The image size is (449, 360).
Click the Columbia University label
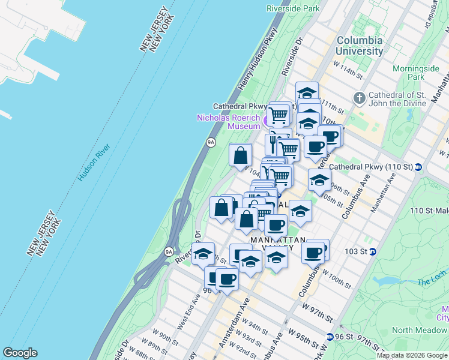[x=360, y=46]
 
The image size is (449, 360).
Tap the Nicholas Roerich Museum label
[x=228, y=122]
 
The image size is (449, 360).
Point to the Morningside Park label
[x=416, y=73]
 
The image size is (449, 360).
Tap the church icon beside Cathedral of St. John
[x=359, y=97]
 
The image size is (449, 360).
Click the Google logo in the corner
[x=20, y=353]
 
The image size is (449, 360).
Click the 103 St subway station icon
[x=373, y=251]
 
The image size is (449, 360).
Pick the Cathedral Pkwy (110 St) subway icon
[x=418, y=166]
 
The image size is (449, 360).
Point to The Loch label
[x=438, y=280]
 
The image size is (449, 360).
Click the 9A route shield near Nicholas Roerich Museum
[x=211, y=142]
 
